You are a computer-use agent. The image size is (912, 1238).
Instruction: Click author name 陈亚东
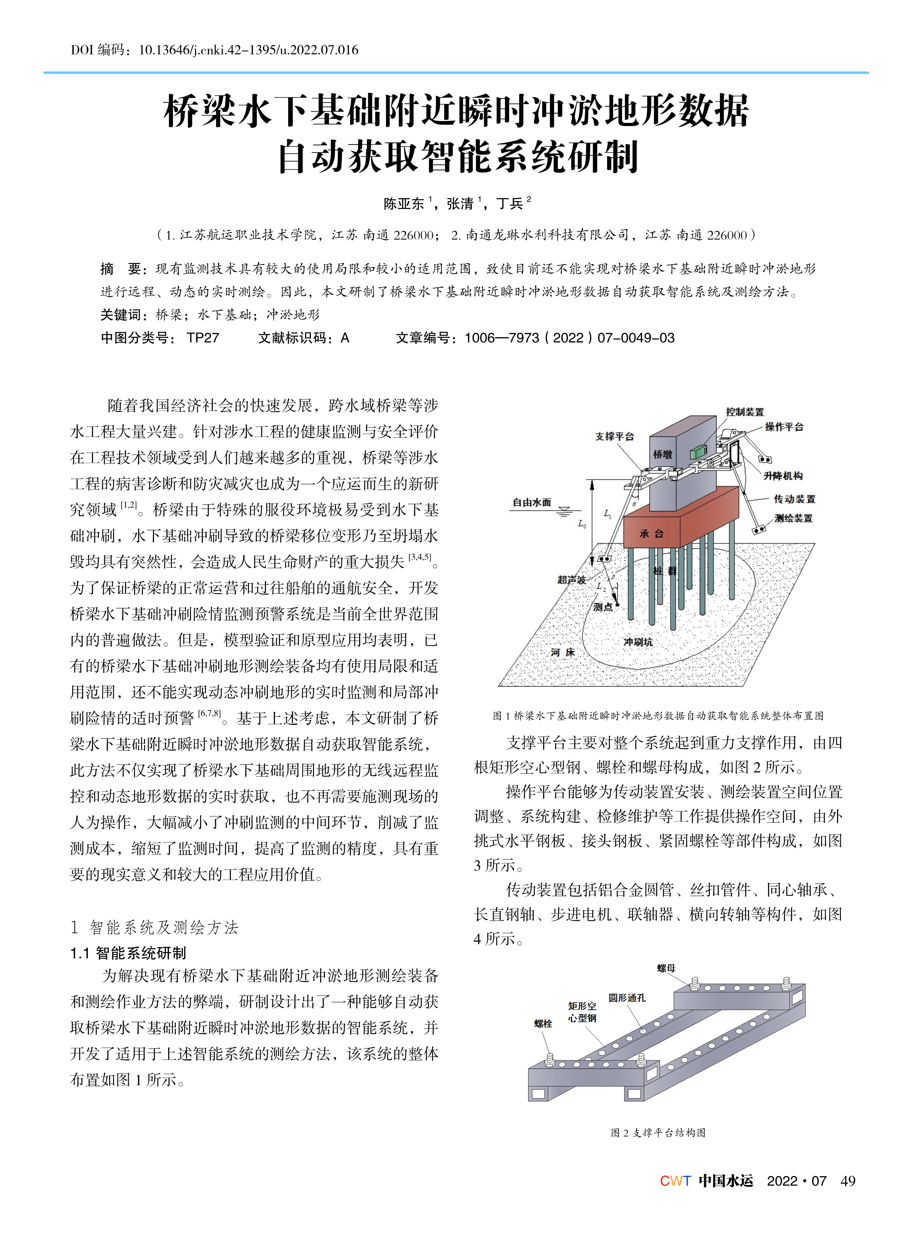coord(404,204)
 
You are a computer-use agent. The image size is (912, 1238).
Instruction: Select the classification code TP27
coord(203,338)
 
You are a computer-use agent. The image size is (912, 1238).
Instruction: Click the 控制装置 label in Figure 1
coord(745,412)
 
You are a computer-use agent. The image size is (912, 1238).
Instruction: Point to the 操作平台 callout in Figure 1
coord(784,427)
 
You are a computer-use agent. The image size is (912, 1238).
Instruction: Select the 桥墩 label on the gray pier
coord(663,454)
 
